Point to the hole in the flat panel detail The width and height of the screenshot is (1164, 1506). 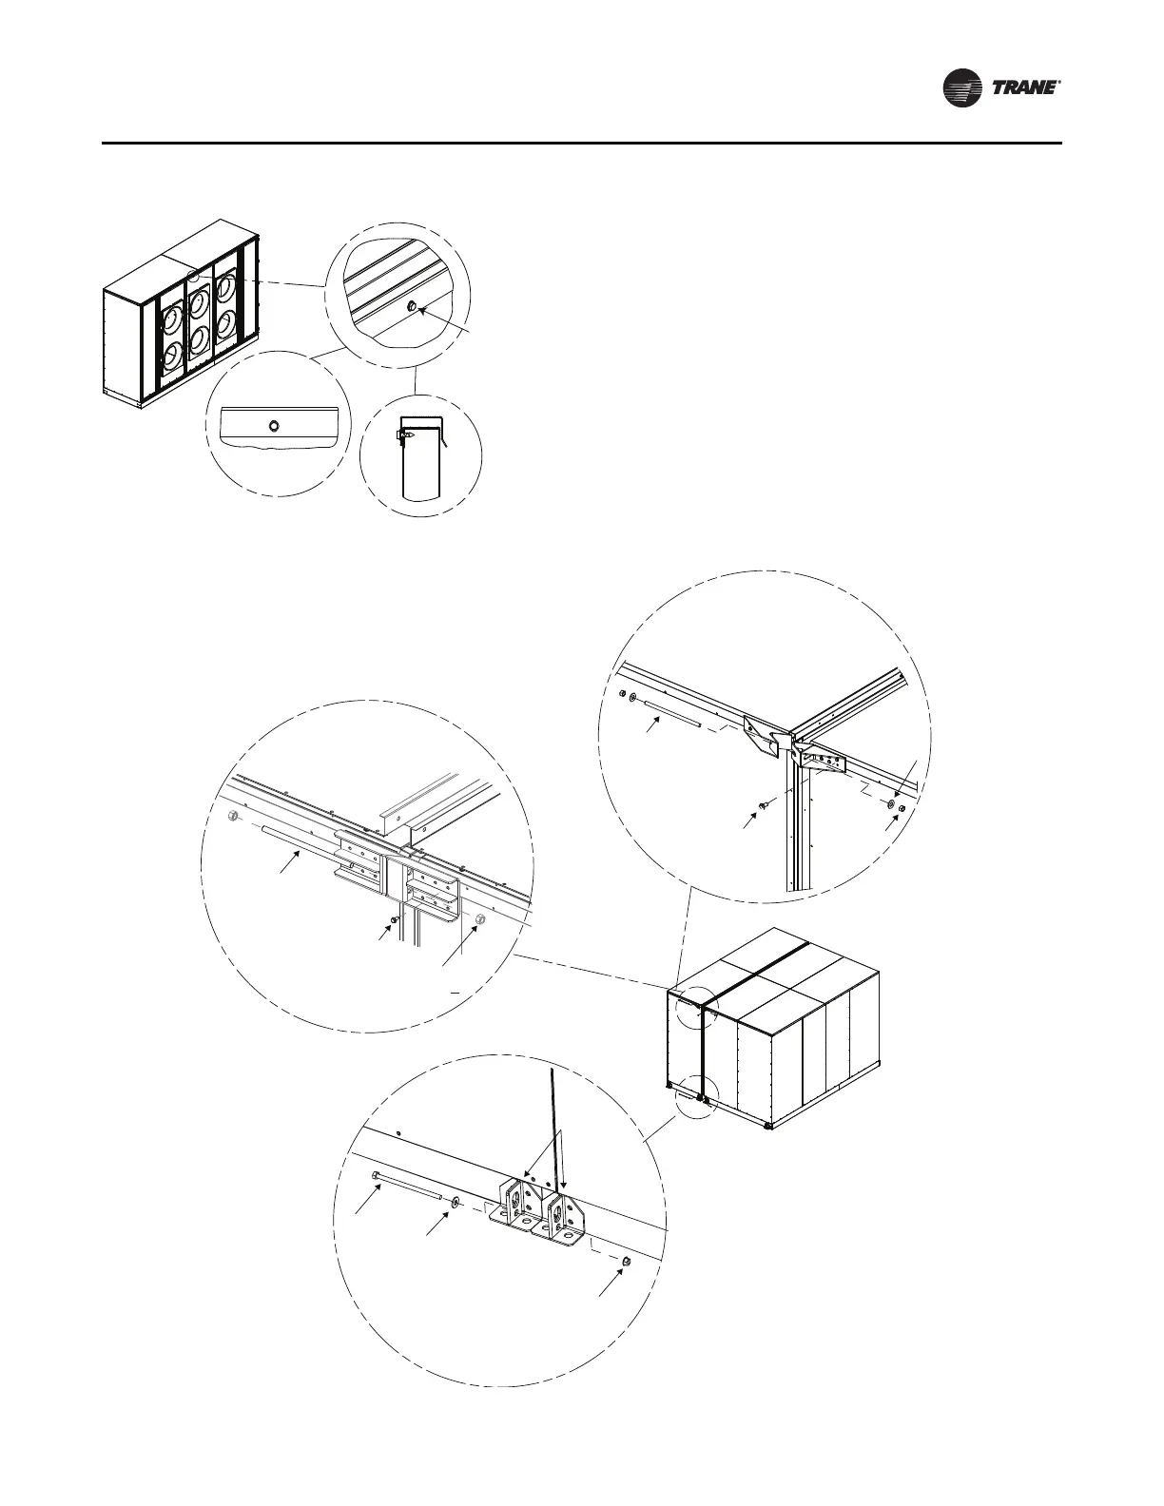273,425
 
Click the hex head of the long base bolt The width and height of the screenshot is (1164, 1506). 376,1175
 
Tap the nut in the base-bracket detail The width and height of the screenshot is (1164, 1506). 628,1261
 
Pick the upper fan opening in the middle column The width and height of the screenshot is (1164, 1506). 199,302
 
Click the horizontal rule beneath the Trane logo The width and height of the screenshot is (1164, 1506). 582,144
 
